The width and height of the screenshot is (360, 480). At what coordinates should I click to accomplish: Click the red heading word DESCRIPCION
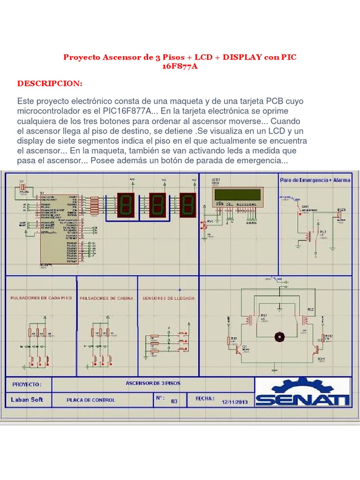(50, 83)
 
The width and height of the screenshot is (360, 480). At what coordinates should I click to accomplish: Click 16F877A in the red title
(180, 67)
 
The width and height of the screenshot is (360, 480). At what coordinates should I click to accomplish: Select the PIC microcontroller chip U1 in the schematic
(59, 228)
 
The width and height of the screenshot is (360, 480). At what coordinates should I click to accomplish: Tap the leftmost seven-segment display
(127, 205)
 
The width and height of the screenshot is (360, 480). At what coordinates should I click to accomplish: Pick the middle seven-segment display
(158, 205)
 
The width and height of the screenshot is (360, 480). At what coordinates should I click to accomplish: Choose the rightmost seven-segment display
(187, 205)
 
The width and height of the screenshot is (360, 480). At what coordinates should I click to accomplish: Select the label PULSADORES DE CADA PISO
(41, 298)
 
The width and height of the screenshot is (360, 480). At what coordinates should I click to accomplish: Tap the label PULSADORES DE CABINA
(106, 298)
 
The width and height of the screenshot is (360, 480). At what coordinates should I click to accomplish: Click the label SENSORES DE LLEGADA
(168, 298)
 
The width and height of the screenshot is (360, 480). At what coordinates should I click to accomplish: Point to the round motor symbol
(279, 337)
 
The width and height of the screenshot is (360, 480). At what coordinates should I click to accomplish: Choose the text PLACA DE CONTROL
(91, 400)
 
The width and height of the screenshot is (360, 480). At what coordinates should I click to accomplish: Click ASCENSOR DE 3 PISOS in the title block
(153, 383)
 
